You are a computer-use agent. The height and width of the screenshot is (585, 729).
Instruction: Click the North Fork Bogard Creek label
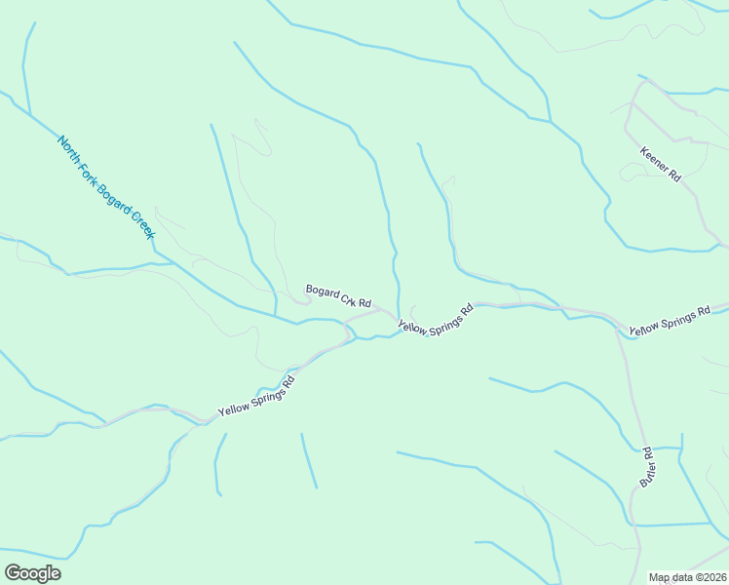(106, 187)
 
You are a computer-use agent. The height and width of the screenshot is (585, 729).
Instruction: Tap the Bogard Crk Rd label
(339, 296)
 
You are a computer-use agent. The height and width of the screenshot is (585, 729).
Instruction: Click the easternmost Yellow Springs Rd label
(670, 322)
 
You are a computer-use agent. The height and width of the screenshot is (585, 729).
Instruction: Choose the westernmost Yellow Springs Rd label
(256, 396)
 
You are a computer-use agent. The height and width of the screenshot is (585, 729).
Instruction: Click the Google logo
(32, 573)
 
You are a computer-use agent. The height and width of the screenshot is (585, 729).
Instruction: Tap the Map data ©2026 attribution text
(688, 577)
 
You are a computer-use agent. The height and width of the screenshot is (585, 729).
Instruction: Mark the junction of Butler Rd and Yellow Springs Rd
(617, 327)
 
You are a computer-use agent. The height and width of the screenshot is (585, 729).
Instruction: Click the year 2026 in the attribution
(714, 577)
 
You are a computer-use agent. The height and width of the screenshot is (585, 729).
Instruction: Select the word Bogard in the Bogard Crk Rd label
(322, 292)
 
